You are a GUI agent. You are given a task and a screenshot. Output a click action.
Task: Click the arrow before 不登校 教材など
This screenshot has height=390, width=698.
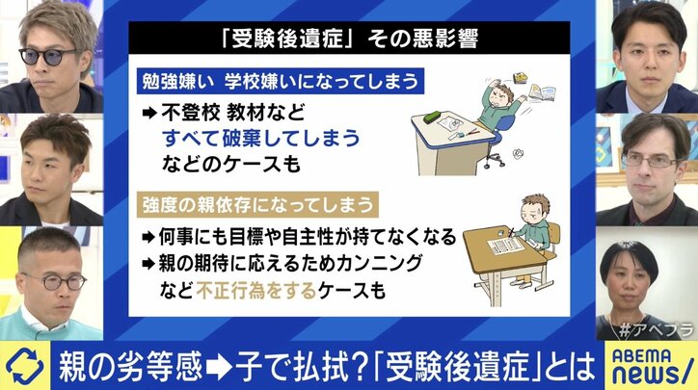click(x=149, y=111)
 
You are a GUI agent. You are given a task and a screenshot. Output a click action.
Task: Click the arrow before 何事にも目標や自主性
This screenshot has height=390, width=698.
click(x=149, y=235)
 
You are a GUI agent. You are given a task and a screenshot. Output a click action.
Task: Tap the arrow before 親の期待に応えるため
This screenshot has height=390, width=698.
click(x=149, y=262)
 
